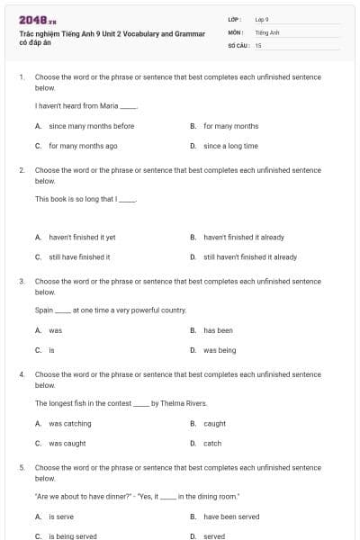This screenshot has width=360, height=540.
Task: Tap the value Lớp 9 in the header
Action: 262,19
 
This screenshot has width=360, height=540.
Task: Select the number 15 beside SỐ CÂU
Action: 258,45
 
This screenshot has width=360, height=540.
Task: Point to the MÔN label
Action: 236,31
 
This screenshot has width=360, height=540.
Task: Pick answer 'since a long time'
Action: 230,146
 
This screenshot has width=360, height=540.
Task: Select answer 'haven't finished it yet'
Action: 82,238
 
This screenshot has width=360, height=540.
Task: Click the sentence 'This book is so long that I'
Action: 83,199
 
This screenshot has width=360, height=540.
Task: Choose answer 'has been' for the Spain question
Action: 218,330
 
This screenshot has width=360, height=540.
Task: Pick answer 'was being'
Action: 220,350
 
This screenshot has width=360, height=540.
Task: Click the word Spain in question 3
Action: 44,310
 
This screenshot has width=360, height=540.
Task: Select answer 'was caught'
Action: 67,443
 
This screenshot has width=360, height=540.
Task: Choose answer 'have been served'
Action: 231,517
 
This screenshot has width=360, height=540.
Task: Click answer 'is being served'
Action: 73,535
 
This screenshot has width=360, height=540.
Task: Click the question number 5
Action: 21,468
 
